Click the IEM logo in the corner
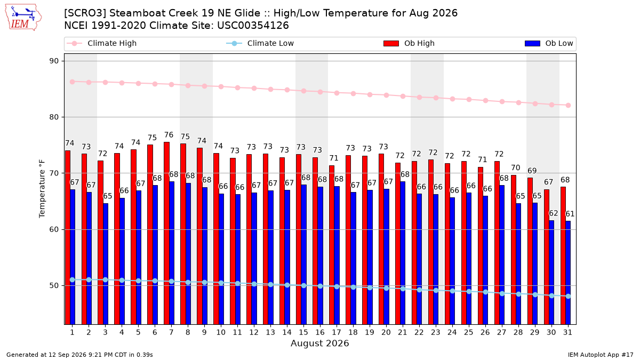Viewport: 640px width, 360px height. coord(23,18)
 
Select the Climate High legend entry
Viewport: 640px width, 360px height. coord(101,43)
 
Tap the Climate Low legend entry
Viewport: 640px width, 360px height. coord(260,43)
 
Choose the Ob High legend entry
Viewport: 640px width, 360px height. coord(409,43)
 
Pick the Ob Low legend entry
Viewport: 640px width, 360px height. coord(549,43)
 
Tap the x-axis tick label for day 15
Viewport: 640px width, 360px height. coord(303,332)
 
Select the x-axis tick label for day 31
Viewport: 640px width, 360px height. coord(567,332)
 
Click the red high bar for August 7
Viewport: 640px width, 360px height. coord(166,233)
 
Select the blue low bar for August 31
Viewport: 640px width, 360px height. coord(569,273)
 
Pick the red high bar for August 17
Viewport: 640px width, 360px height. coord(332,245)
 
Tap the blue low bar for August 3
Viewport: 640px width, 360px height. coord(106,263)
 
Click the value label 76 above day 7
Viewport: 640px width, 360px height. coord(169,135)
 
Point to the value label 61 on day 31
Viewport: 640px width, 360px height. coord(570,214)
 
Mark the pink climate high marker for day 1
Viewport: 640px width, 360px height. coord(73,82)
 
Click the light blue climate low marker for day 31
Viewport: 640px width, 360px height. coord(569,297)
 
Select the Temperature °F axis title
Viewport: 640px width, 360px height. coord(42,189)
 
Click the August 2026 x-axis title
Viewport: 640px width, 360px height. coord(319,343)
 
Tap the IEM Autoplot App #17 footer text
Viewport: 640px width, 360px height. coord(601,355)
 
